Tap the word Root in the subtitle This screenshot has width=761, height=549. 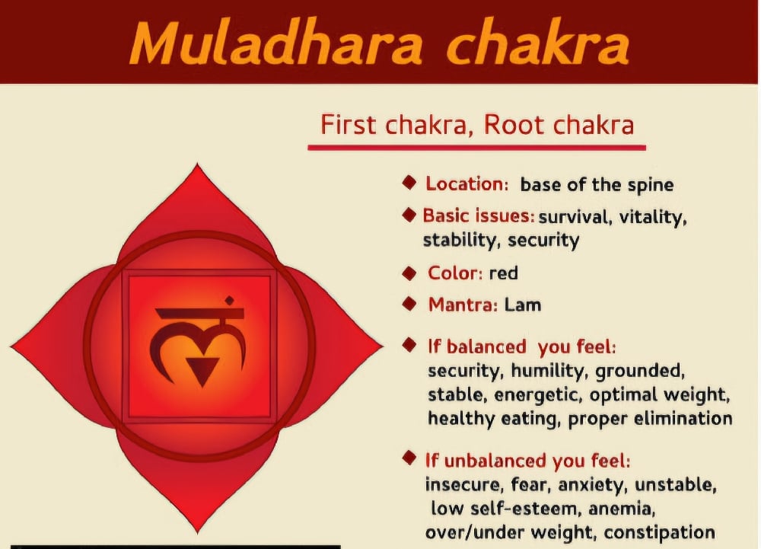[514, 125]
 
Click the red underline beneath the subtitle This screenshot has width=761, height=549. [476, 147]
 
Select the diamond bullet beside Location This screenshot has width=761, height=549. [409, 183]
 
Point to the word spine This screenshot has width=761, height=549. [651, 186]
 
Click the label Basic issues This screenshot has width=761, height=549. [479, 215]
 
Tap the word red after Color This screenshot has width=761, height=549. [503, 273]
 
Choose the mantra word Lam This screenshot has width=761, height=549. [523, 305]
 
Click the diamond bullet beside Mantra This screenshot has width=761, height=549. [409, 305]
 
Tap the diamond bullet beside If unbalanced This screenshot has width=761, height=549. [409, 458]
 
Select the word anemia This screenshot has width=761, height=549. [622, 509]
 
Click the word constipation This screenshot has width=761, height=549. [659, 532]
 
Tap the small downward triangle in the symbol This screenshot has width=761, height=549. [202, 370]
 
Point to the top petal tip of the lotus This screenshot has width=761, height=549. [197, 164]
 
